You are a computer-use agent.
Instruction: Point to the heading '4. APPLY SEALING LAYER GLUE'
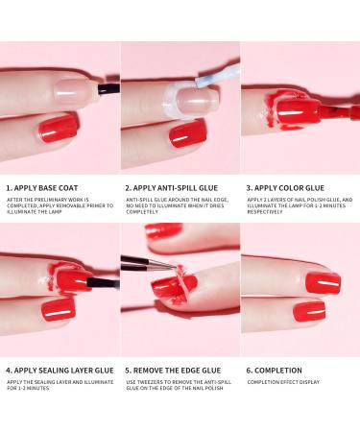(56, 369)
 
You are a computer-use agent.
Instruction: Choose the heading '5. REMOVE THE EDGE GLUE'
(169, 369)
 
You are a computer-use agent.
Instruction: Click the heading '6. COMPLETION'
(272, 369)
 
